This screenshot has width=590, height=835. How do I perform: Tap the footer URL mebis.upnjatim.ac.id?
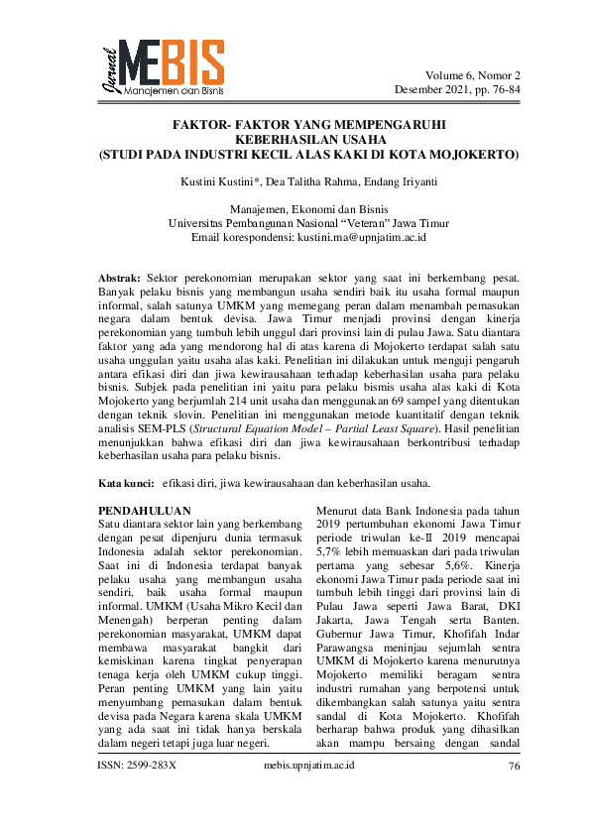coord(295,794)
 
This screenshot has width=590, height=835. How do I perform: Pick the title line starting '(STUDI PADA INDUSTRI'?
coord(295,155)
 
